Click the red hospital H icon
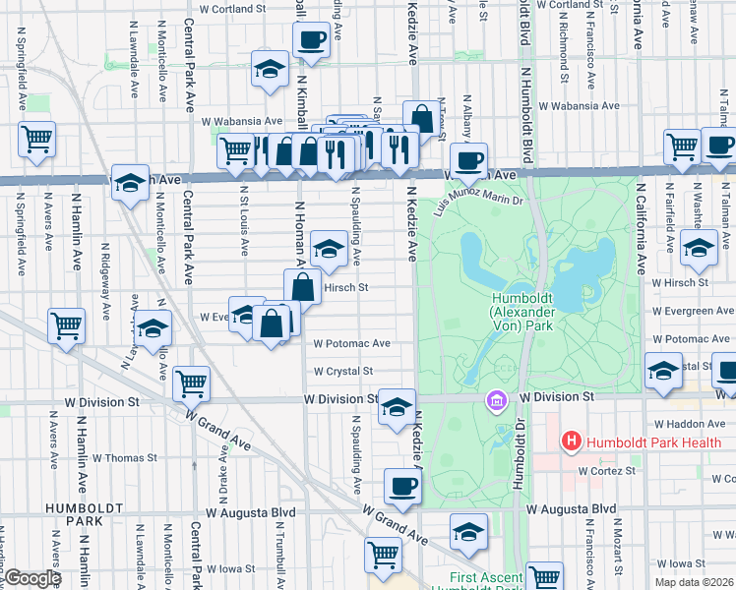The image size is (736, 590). (x=571, y=442)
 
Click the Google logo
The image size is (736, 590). (x=32, y=578)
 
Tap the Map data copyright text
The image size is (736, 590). (x=694, y=582)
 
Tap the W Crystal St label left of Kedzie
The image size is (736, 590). (x=342, y=372)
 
